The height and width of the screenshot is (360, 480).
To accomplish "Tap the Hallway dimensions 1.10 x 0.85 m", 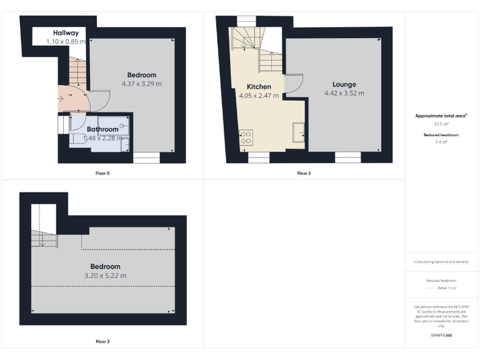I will [x=66, y=42].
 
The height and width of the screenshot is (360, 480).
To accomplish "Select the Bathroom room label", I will [x=102, y=129].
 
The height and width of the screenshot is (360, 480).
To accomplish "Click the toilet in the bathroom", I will [x=77, y=140].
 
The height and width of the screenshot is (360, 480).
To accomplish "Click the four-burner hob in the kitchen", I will [x=246, y=137].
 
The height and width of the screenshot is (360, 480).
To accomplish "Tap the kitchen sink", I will [x=299, y=131].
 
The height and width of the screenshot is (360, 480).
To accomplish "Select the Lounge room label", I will [x=344, y=84].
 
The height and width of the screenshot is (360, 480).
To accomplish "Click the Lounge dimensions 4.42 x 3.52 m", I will [x=344, y=93].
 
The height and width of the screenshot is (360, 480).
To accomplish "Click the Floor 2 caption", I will [x=304, y=173].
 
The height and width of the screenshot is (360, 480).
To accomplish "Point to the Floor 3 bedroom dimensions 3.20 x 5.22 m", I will [x=105, y=276].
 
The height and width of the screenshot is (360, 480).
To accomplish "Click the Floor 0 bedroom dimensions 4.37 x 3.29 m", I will [x=141, y=84].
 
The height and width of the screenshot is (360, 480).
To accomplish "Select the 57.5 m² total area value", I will [x=442, y=124].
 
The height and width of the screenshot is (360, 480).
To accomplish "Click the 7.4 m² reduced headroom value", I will [x=442, y=142].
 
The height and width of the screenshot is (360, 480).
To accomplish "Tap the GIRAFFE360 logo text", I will [x=442, y=336].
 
